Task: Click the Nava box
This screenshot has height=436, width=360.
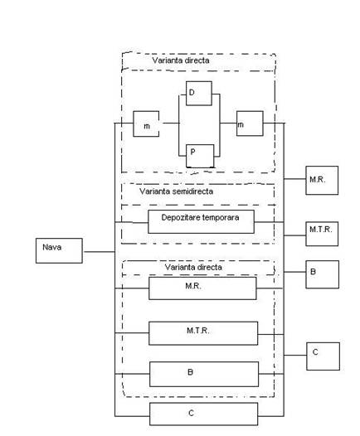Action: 59,250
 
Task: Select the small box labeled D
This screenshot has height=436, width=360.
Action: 199,94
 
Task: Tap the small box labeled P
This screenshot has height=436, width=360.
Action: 200,156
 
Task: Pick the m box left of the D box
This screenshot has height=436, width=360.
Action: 146,124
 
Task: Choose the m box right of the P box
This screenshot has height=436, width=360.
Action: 250,124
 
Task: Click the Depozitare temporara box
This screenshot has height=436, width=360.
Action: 201,221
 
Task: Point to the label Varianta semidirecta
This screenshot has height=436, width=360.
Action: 176,191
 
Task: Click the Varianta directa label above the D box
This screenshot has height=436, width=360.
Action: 181,61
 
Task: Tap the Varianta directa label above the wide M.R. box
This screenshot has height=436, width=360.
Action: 193,267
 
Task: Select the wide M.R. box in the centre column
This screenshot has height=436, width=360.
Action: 202,288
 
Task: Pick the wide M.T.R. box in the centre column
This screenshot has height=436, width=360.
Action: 203,333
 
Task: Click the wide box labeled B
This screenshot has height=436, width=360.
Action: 204,374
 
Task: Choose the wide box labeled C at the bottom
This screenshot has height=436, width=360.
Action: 204,414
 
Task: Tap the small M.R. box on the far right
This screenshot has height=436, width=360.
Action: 322,180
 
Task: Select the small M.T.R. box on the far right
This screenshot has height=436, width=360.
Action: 322,234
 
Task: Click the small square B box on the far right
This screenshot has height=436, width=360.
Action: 322,274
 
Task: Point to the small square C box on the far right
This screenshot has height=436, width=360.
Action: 323,356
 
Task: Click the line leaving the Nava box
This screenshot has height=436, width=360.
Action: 100,252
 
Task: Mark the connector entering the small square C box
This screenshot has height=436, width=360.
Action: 295,355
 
